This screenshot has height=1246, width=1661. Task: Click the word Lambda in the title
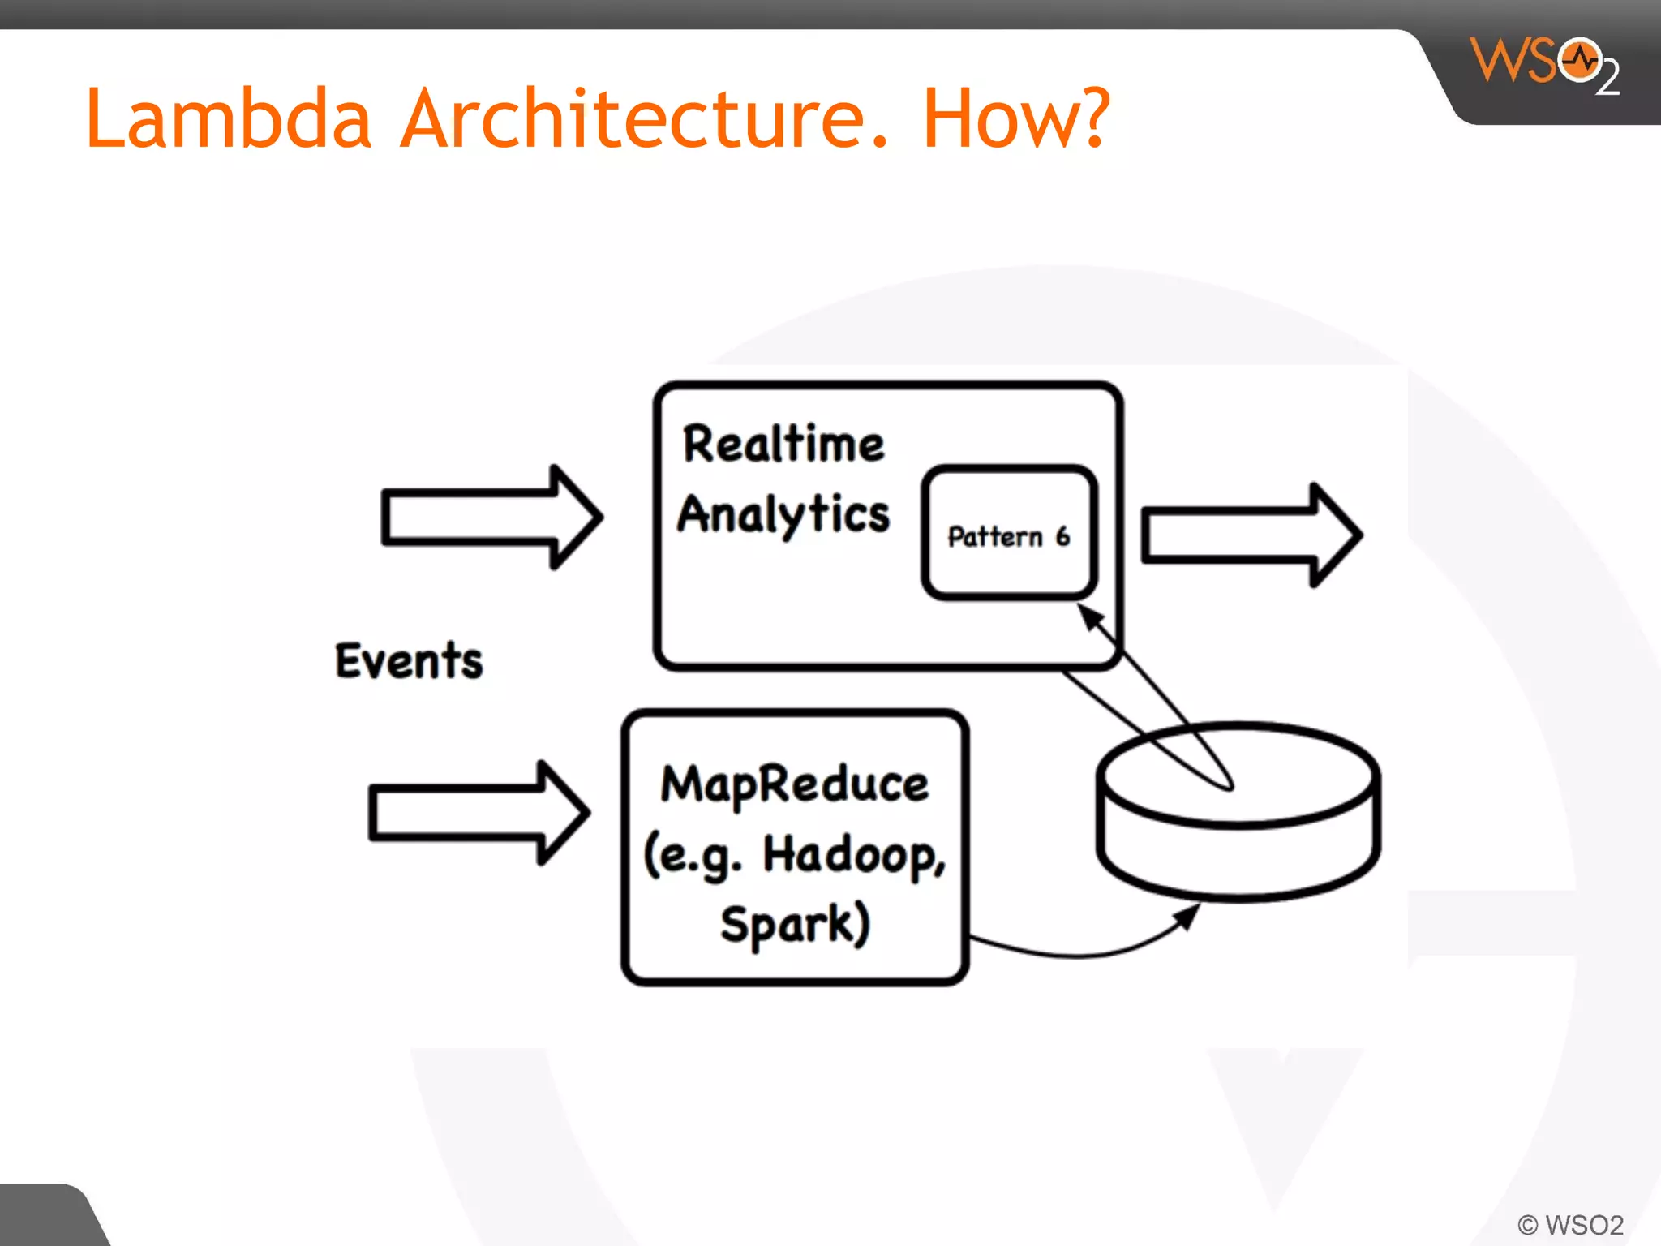[x=228, y=120]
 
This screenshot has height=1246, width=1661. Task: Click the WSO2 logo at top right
[x=1545, y=65]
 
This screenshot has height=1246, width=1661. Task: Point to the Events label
[x=409, y=660]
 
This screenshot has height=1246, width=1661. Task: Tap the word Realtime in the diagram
[x=783, y=445]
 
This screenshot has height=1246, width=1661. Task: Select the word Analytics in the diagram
[x=783, y=514]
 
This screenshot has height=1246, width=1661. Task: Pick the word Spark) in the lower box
[x=795, y=925]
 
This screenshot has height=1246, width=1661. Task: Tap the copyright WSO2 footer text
[x=1570, y=1224]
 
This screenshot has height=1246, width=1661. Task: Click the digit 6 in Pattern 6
[x=1062, y=535]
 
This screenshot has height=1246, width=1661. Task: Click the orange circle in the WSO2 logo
[x=1579, y=61]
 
